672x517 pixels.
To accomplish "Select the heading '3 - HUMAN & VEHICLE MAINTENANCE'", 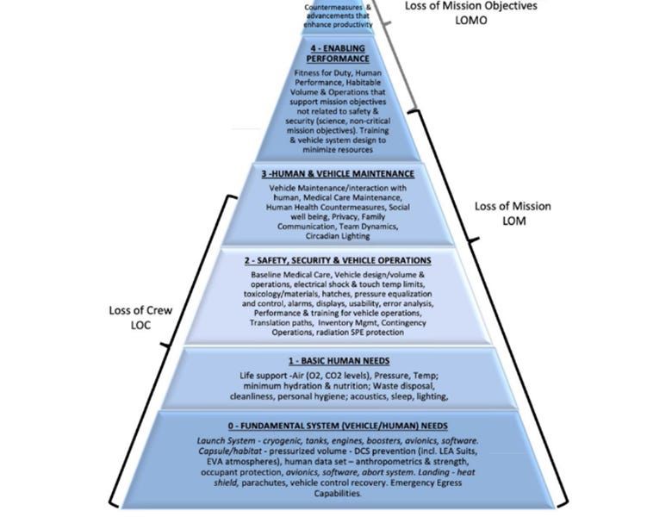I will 338,173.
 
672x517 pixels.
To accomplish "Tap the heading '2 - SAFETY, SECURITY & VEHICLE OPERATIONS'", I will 337,260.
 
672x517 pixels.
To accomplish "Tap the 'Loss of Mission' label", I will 513,207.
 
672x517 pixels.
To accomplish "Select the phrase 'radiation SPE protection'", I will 382,333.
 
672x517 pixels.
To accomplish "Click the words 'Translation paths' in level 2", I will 280,323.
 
